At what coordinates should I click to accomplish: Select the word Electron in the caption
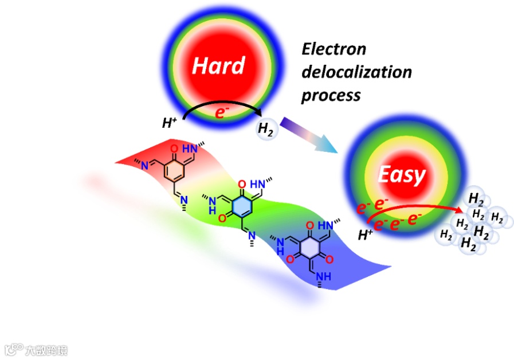[x=333, y=49]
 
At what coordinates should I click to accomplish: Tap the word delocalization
[x=356, y=72]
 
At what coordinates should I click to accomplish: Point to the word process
[x=331, y=95]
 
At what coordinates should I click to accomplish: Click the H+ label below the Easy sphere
[x=365, y=234]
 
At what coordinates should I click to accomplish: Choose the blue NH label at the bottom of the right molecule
[x=324, y=277]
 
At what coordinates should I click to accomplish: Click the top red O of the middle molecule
[x=241, y=183]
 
